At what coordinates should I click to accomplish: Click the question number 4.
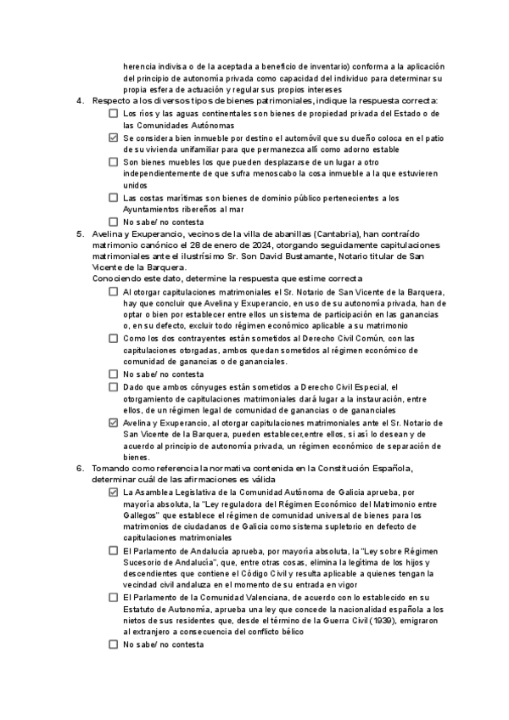coord(79,101)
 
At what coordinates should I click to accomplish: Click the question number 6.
coord(79,468)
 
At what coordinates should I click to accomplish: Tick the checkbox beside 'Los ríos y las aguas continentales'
coord(114,113)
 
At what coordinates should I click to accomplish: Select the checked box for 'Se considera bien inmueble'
coord(114,137)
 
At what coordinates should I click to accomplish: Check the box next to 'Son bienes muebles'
coord(114,161)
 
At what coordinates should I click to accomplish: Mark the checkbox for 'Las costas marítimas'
coord(114,197)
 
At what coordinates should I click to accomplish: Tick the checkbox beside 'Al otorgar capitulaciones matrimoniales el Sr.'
coord(114,291)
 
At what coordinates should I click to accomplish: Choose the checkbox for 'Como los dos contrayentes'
coord(114,339)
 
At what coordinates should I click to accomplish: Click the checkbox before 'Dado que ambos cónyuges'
coord(114,386)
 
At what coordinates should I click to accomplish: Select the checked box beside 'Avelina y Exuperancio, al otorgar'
coord(114,422)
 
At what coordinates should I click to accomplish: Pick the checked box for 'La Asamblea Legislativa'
coord(114,492)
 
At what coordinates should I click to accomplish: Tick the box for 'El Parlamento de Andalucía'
coord(114,550)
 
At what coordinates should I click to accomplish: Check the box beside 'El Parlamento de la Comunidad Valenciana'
coord(114,598)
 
